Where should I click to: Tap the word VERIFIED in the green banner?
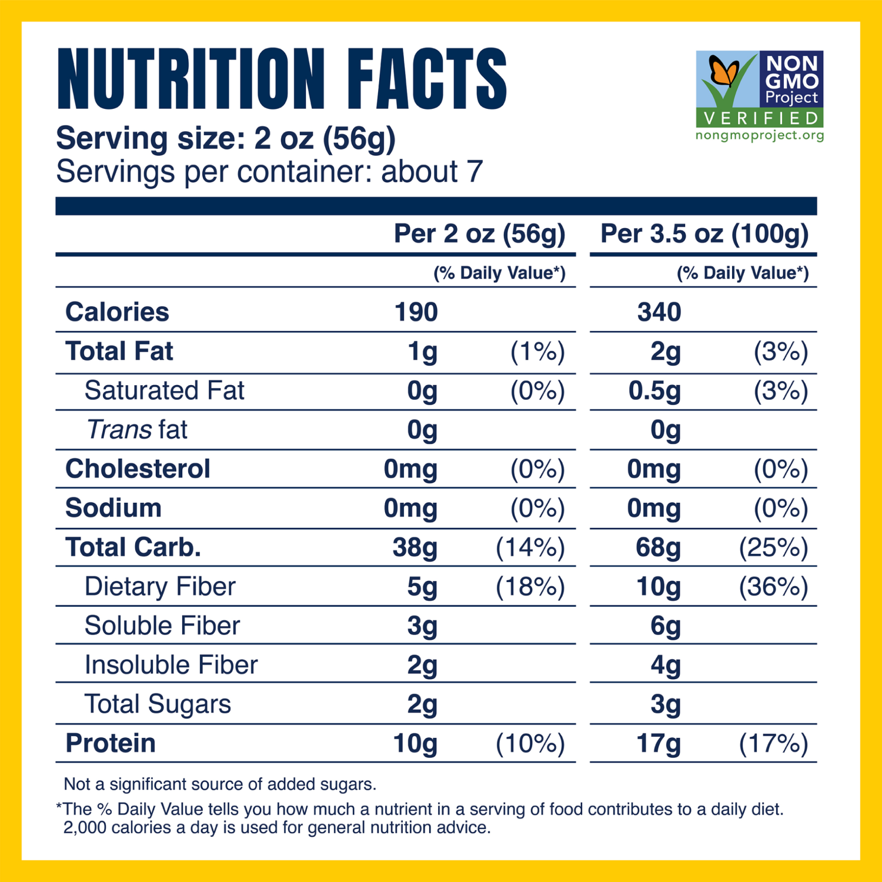pos(760,118)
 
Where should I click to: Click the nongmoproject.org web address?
pos(760,135)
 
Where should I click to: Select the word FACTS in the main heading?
pos(426,79)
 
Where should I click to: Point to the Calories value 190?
pos(416,312)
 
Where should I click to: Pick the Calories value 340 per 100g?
pos(659,312)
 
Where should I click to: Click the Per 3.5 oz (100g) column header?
pos(704,234)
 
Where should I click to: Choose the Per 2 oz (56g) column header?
pos(479,234)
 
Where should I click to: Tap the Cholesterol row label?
pos(138,469)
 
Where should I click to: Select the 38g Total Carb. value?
pos(415,547)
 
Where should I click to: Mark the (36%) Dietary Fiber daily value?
pos(773,587)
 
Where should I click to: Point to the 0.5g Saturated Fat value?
pos(654,391)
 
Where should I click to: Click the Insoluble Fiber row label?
pos(171,665)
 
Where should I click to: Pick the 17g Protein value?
pos(659,744)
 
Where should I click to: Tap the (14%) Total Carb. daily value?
pos(530,547)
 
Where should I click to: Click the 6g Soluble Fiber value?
pos(666,626)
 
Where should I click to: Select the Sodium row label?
pos(113,508)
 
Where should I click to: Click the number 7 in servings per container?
pos(475,172)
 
